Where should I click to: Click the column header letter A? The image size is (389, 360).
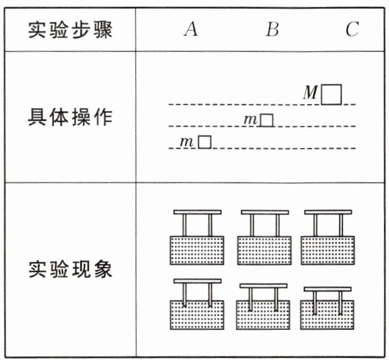191,29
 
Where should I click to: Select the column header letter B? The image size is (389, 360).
272,29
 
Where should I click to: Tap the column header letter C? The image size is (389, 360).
352,29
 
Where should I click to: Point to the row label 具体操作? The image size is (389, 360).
70,117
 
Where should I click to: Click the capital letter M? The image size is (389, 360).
311,93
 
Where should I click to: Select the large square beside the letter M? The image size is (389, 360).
331,94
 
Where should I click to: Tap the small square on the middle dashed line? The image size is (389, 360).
267,120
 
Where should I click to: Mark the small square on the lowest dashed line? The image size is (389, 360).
205,142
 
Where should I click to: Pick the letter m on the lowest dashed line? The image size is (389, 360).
186,142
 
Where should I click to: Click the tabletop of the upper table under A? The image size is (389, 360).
197,212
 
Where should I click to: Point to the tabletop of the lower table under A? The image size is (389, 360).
197,281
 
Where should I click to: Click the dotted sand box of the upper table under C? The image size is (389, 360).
327,250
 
